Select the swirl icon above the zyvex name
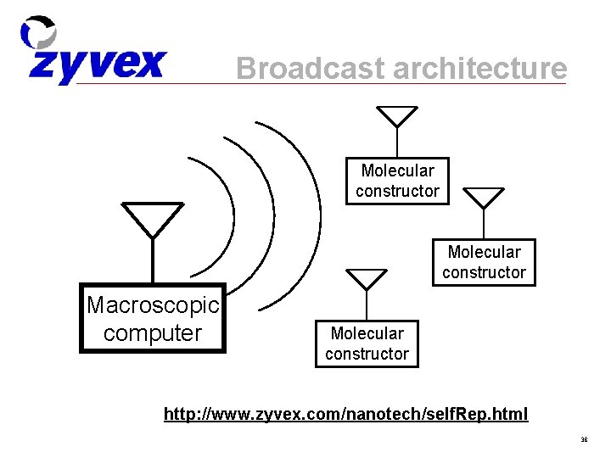(39, 33)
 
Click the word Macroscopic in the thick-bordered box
(153, 304)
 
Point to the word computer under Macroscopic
(153, 332)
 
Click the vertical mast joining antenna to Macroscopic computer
(153, 260)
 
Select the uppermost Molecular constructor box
(397, 181)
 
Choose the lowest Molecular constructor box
(367, 343)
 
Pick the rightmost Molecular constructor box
(484, 261)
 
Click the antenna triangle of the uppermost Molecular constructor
(397, 115)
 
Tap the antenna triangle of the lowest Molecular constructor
(367, 278)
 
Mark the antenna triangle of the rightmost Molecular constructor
(484, 197)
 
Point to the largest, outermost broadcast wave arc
(317, 212)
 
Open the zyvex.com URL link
(345, 414)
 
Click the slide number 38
(584, 440)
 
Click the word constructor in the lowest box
(367, 354)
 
